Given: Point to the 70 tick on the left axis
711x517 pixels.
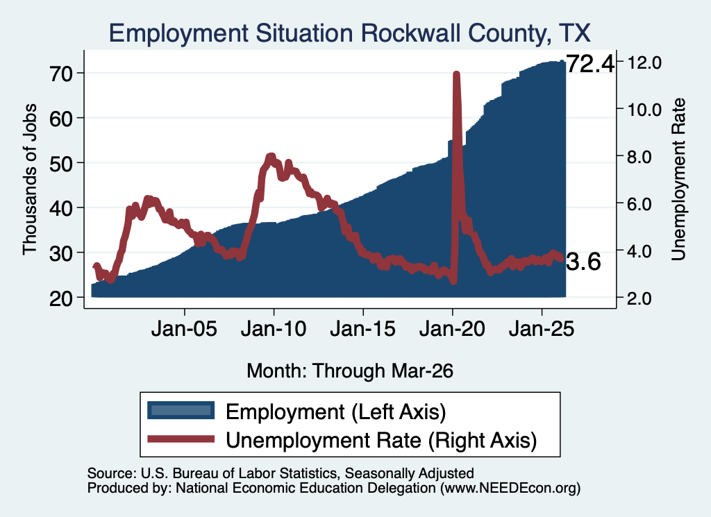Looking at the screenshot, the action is tap(61, 74).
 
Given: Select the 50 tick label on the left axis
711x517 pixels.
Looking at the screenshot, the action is tap(61, 163).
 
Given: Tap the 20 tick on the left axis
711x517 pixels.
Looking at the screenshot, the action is tap(61, 298).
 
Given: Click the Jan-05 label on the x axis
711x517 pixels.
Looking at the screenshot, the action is tap(184, 328).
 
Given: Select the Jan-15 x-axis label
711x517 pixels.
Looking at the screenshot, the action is tap(362, 328).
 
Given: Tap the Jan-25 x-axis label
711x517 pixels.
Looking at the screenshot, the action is tap(542, 328).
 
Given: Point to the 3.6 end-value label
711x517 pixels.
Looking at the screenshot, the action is tap(583, 262).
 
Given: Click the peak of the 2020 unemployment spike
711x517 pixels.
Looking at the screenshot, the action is tap(457, 74).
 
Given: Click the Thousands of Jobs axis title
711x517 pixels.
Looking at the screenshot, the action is tap(29, 180).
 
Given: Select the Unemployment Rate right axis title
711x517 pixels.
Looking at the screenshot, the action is tap(678, 180).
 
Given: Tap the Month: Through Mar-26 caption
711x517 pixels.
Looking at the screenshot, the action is tap(350, 371).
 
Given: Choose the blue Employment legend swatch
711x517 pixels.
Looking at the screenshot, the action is tap(181, 411).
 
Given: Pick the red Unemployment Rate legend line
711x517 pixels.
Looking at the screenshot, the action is tap(181, 439).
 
